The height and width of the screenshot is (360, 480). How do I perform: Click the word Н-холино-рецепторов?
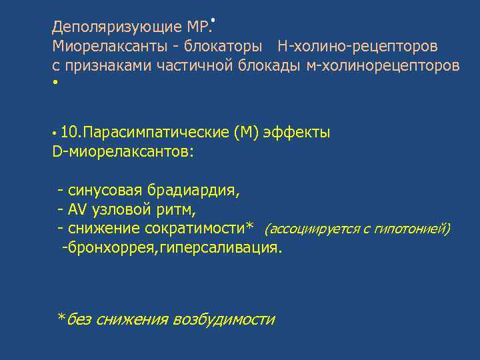coord(358,47)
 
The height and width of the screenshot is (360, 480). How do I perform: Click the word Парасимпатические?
coord(154,132)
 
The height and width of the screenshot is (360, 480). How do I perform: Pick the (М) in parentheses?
coord(246,132)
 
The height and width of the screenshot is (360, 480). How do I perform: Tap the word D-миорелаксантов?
coord(123,151)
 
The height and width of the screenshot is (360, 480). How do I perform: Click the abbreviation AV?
coord(78,210)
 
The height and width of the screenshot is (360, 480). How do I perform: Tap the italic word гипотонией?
coord(413,229)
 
